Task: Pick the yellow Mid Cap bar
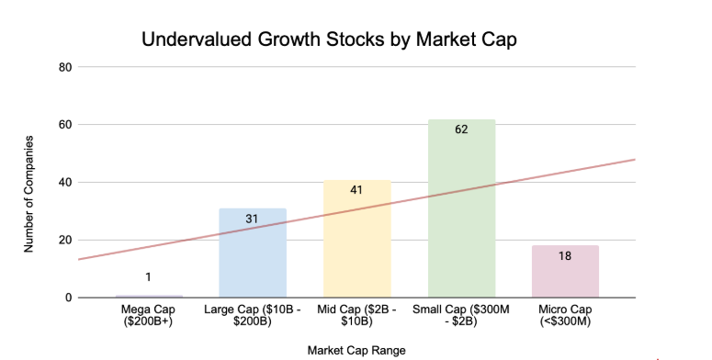click(356, 248)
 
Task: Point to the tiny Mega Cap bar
click(148, 296)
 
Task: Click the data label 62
click(461, 129)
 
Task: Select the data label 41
click(356, 190)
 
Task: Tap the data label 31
click(252, 219)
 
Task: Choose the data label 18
click(565, 256)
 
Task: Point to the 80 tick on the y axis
click(66, 67)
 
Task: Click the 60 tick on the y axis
click(66, 125)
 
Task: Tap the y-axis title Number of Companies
click(30, 194)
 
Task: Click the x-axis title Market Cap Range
click(356, 349)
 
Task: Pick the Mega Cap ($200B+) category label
click(148, 318)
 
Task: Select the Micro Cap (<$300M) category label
click(565, 318)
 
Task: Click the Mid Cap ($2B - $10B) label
click(356, 318)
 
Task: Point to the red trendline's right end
click(633, 160)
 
